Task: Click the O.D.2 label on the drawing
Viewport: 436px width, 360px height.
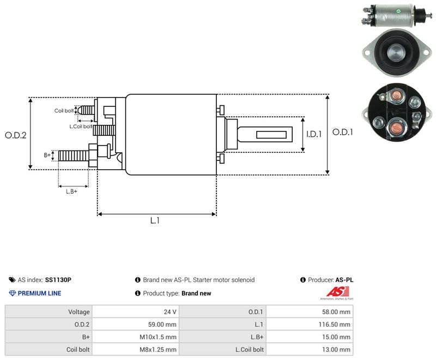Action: [16, 135]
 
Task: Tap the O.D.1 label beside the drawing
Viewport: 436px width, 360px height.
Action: [343, 132]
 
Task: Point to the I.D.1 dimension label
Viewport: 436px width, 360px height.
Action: [314, 134]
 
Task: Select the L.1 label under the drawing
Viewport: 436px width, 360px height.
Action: [155, 220]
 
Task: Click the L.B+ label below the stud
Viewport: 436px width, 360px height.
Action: [71, 191]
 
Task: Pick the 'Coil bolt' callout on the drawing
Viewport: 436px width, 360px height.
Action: [64, 111]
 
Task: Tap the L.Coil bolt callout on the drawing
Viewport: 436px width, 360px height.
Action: [81, 127]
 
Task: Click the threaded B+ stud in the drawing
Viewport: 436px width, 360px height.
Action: [74, 156]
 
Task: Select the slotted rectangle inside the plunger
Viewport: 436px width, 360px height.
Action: [271, 135]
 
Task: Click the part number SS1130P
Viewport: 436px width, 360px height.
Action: [58, 280]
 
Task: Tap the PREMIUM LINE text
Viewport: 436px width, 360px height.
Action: [39, 293]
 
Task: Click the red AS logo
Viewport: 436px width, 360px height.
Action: [337, 292]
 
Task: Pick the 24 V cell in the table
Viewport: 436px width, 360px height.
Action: [136, 312]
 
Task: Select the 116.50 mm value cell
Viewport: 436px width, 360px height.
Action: [310, 325]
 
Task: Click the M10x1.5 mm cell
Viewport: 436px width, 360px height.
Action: [136, 337]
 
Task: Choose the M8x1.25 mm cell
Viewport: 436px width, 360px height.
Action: [136, 350]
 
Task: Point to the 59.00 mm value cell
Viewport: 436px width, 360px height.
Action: [136, 325]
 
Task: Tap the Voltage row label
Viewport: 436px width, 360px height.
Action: [79, 312]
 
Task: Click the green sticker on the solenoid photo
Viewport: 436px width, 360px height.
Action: [398, 11]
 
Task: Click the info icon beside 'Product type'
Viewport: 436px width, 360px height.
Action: [138, 293]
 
